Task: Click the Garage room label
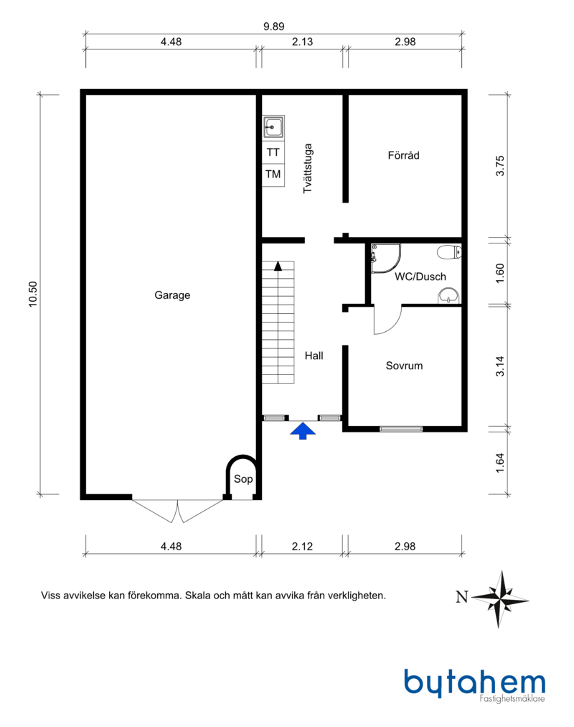[x=172, y=295]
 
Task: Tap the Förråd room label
[x=404, y=155]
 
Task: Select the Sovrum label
[x=404, y=366]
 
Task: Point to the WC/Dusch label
[x=420, y=277]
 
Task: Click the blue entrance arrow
[x=303, y=431]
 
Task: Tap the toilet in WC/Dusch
[x=449, y=252]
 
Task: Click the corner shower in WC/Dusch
[x=385, y=258]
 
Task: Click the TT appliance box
[x=273, y=152]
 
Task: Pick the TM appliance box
[x=273, y=175]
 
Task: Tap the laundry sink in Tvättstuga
[x=273, y=127]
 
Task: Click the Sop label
[x=243, y=479]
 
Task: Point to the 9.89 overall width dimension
[x=274, y=27]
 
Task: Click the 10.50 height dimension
[x=32, y=294]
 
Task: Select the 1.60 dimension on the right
[x=500, y=274]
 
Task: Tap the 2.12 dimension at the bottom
[x=302, y=546]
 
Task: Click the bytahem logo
[x=475, y=685]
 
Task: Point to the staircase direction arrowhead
[x=278, y=266]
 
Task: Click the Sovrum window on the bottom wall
[x=401, y=429]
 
